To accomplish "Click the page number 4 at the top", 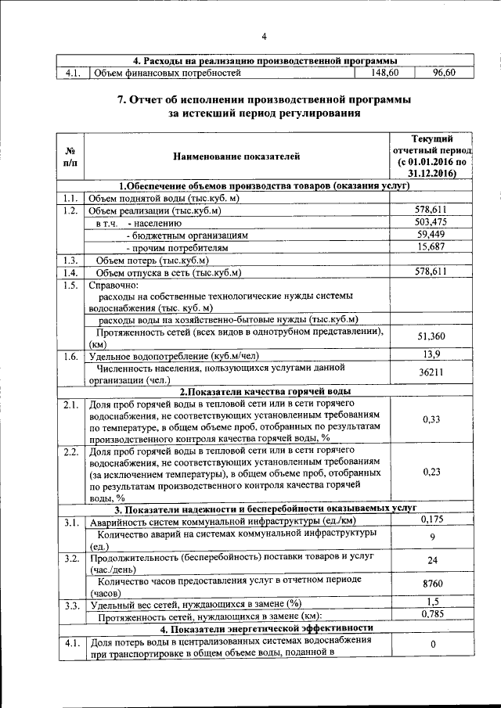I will point(265,36).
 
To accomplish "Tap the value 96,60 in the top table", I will point(444,74).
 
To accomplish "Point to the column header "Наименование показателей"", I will point(236,156).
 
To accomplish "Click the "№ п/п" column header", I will point(70,156).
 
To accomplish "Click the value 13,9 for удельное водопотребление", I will point(431,355).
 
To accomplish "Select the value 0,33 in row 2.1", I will point(431,419).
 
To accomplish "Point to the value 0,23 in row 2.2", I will point(431,472).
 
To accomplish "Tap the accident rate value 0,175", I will point(431,519).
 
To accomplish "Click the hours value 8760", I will point(431,584).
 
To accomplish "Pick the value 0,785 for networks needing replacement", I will point(431,614).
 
